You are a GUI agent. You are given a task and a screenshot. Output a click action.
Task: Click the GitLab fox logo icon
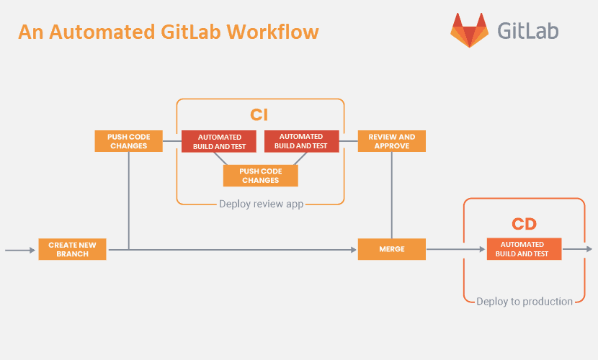[469, 30]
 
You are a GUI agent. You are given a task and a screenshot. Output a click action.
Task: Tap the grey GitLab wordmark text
[528, 30]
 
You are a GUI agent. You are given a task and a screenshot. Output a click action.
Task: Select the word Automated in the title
[102, 32]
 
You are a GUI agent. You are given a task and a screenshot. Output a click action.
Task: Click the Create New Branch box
[73, 249]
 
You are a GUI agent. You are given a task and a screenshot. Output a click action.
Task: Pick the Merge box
[392, 249]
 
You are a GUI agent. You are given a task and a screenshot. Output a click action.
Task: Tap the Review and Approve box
[392, 141]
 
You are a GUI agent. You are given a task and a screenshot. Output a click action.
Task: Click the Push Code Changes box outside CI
[128, 141]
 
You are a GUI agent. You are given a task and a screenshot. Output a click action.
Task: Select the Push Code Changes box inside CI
[261, 176]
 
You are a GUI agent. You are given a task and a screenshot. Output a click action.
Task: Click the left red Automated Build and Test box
[219, 141]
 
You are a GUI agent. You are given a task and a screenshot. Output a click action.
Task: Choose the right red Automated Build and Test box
[302, 141]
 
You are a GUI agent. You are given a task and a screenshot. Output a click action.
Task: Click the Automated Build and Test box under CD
[524, 249]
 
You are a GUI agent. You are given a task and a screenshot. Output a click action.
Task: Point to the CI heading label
[259, 114]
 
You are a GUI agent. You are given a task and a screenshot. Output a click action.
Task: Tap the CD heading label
[524, 224]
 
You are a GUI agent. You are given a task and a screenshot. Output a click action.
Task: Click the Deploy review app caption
[262, 204]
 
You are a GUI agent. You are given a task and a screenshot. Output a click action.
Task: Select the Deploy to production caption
[525, 302]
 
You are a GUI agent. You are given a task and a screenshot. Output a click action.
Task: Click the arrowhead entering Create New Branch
[32, 251]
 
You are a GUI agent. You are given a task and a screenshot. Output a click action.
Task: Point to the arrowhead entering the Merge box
[354, 250]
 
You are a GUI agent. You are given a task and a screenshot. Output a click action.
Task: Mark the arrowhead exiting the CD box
[589, 249]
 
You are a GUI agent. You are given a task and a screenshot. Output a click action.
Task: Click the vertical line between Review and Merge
[392, 195]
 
